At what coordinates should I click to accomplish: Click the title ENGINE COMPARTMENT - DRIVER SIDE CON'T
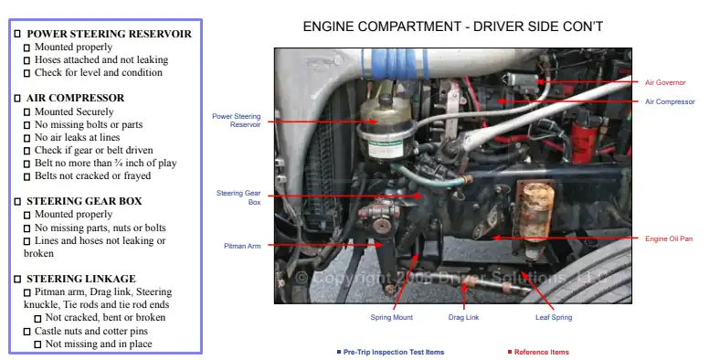pyautogui.click(x=452, y=26)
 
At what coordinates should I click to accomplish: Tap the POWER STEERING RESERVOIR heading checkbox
pyautogui.click(x=17, y=34)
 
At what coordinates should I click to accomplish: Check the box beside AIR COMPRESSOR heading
pyautogui.click(x=17, y=98)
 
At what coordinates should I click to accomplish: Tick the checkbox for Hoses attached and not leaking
pyautogui.click(x=27, y=59)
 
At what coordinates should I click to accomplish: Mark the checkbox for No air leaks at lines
pyautogui.click(x=27, y=137)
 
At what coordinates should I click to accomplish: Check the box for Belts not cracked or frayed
pyautogui.click(x=27, y=175)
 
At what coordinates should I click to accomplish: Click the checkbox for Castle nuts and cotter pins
pyautogui.click(x=27, y=331)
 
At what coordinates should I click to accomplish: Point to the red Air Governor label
pyautogui.click(x=666, y=82)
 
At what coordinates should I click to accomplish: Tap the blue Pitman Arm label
pyautogui.click(x=242, y=246)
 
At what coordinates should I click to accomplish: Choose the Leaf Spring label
pyautogui.click(x=553, y=318)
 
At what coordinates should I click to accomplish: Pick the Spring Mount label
pyautogui.click(x=391, y=318)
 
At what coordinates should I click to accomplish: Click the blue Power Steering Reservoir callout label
pyautogui.click(x=237, y=120)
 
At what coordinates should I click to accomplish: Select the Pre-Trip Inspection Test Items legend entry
pyautogui.click(x=394, y=352)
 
